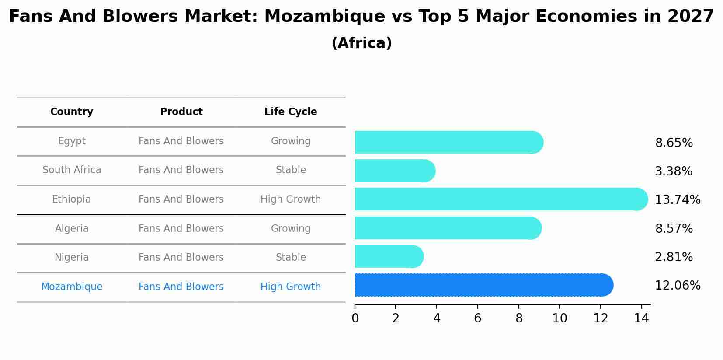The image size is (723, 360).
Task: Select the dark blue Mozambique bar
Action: point(481,285)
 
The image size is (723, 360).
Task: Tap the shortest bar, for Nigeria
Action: point(387,256)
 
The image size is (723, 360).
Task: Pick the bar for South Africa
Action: point(393,171)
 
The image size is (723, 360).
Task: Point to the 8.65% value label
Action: point(674,143)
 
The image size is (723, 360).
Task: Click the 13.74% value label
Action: point(677,200)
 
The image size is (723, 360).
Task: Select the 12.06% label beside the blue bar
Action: point(677,286)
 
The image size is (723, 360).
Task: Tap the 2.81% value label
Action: point(674,257)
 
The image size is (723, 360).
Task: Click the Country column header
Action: point(72,112)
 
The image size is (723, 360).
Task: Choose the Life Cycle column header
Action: point(291,112)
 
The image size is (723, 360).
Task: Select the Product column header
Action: point(181,112)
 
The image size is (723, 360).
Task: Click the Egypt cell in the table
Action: point(72,141)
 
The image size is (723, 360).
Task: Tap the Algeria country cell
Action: point(72,228)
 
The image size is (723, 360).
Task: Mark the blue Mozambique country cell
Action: point(72,287)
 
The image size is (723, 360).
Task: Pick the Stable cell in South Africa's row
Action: point(291,170)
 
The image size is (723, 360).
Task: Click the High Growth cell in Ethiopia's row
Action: point(291,199)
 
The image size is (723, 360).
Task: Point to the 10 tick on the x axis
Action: point(560,318)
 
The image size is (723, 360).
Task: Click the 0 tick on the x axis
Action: point(355,318)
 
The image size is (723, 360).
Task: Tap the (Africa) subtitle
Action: point(361,43)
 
